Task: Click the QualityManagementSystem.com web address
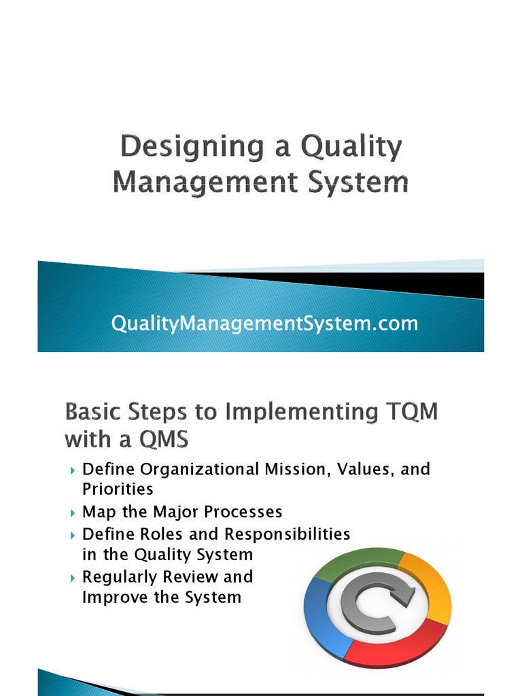(x=264, y=324)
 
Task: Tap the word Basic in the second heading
(x=92, y=412)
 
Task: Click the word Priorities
(x=118, y=489)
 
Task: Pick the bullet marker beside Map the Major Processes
(x=73, y=512)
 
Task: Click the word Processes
(x=241, y=511)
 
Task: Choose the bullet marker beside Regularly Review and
(x=73, y=578)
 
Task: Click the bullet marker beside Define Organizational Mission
(x=73, y=470)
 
